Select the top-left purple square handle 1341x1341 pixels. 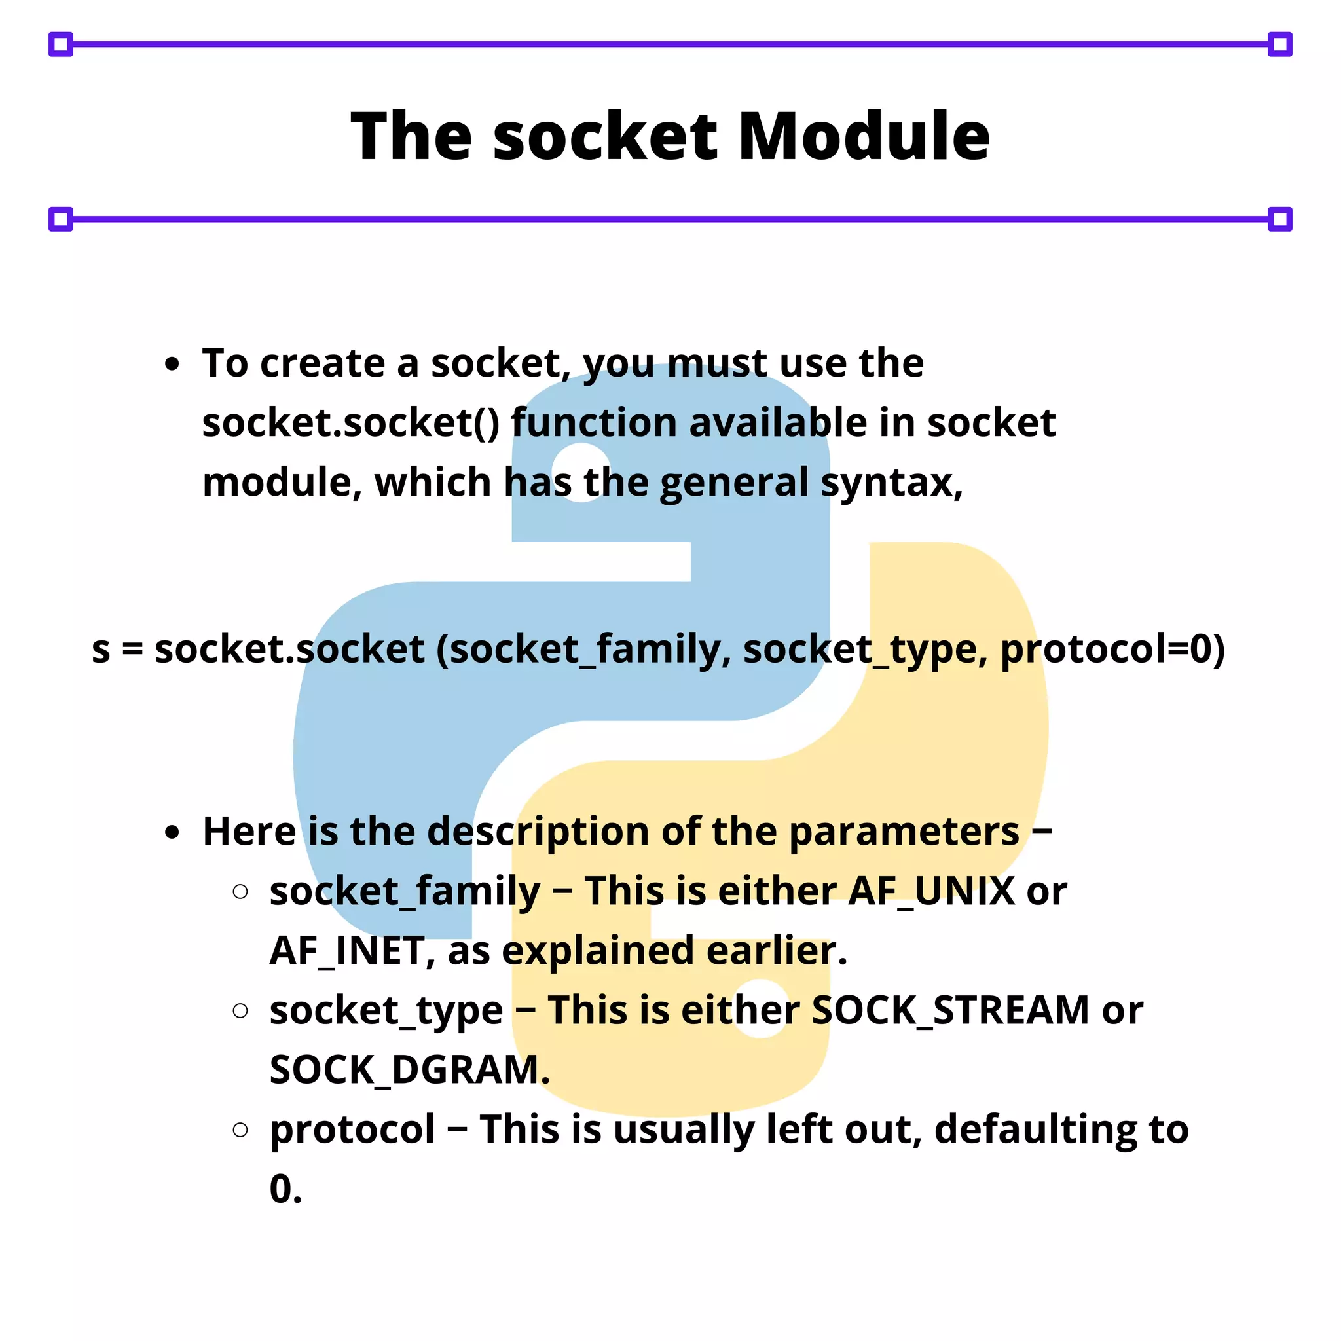click(x=61, y=45)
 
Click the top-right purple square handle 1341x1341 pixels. click(x=1279, y=45)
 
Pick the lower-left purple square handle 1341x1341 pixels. click(x=61, y=219)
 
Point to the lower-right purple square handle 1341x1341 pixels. click(x=1279, y=219)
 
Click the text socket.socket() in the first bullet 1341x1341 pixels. click(x=350, y=423)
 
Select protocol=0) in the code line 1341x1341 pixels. click(x=1112, y=650)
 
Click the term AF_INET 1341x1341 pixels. click(x=346, y=950)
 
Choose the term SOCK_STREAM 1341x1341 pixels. click(x=950, y=1010)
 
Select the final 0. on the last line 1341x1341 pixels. click(x=285, y=1189)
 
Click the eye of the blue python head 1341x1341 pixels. click(x=580, y=473)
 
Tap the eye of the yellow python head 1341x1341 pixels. click(x=761, y=1008)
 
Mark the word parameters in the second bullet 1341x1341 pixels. click(x=904, y=831)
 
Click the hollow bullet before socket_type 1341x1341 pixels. click(x=240, y=1010)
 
